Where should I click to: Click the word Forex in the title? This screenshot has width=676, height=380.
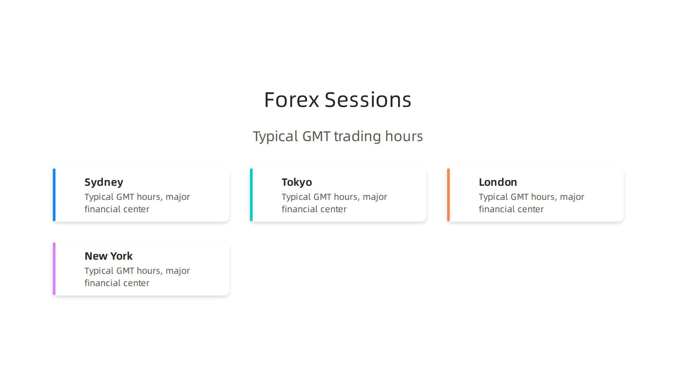pos(292,100)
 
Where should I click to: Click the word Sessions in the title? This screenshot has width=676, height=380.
pos(368,100)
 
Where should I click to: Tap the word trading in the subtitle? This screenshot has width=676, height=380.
pos(357,137)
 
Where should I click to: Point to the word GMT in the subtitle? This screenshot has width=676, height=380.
pos(316,137)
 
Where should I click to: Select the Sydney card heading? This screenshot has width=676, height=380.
pos(104,182)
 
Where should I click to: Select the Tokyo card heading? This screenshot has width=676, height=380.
pos(297,182)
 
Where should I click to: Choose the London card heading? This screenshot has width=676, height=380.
pos(498,182)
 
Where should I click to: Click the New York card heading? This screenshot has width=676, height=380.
pos(108,256)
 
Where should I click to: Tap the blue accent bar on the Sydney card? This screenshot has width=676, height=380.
pos(54,195)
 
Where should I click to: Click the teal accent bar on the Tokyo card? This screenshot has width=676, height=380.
pos(251,195)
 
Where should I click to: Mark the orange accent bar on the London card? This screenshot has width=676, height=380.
pos(449,195)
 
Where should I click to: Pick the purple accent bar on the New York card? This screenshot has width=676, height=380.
pos(54,269)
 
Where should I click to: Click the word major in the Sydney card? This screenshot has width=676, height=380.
pos(177,197)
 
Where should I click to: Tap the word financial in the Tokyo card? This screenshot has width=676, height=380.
pos(298,209)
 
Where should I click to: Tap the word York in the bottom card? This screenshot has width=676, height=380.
pos(121,256)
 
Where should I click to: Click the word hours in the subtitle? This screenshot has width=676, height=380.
pos(404,137)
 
